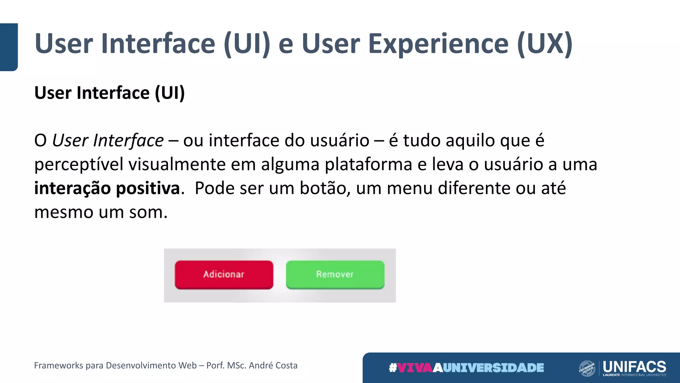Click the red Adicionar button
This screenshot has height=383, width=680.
[224, 275]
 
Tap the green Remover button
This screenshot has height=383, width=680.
[335, 275]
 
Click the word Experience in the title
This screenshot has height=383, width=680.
[438, 44]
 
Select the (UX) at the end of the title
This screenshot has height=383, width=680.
[545, 44]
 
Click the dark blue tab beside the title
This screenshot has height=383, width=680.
[9, 47]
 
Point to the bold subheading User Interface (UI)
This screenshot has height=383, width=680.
[110, 93]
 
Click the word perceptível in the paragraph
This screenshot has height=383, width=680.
[78, 165]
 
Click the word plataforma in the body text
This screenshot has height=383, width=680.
[368, 165]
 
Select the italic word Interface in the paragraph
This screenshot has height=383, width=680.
[128, 141]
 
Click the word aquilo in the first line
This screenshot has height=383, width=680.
[470, 141]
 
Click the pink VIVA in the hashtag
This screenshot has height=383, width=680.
[415, 368]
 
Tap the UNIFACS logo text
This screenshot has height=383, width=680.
[634, 367]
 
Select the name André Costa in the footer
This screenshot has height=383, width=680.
[273, 365]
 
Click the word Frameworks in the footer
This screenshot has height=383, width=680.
[58, 365]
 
